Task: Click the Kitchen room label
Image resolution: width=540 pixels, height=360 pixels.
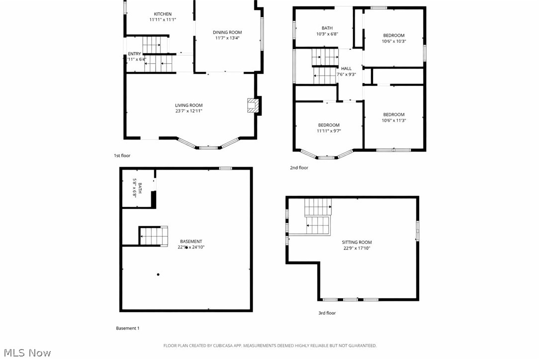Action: tap(163, 14)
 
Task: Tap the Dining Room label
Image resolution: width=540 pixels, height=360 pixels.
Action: tap(228, 32)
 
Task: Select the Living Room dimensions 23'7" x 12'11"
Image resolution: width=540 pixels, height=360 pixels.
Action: tap(188, 111)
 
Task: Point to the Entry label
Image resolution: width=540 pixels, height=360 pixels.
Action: tap(134, 54)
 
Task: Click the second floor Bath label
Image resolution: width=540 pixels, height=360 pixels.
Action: tap(327, 28)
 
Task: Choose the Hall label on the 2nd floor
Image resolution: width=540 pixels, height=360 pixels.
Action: tap(346, 69)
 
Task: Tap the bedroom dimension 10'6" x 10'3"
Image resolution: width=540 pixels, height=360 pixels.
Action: tap(393, 41)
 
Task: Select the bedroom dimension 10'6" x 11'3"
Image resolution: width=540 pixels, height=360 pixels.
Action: tap(393, 120)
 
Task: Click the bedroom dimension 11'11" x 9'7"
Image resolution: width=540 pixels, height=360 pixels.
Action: tap(329, 131)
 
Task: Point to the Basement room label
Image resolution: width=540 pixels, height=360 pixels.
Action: tap(191, 241)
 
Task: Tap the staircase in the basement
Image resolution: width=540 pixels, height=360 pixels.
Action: tap(154, 236)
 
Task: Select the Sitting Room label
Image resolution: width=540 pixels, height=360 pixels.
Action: tap(357, 242)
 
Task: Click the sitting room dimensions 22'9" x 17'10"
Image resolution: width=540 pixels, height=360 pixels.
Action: tap(357, 248)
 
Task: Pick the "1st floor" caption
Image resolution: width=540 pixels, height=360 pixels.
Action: tap(122, 156)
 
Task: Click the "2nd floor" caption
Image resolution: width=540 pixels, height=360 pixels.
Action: tap(299, 168)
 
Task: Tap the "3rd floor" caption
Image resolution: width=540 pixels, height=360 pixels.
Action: tap(327, 313)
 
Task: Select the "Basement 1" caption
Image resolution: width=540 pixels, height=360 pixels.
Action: tap(128, 328)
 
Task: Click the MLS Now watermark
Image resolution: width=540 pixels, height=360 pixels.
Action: tap(26, 353)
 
